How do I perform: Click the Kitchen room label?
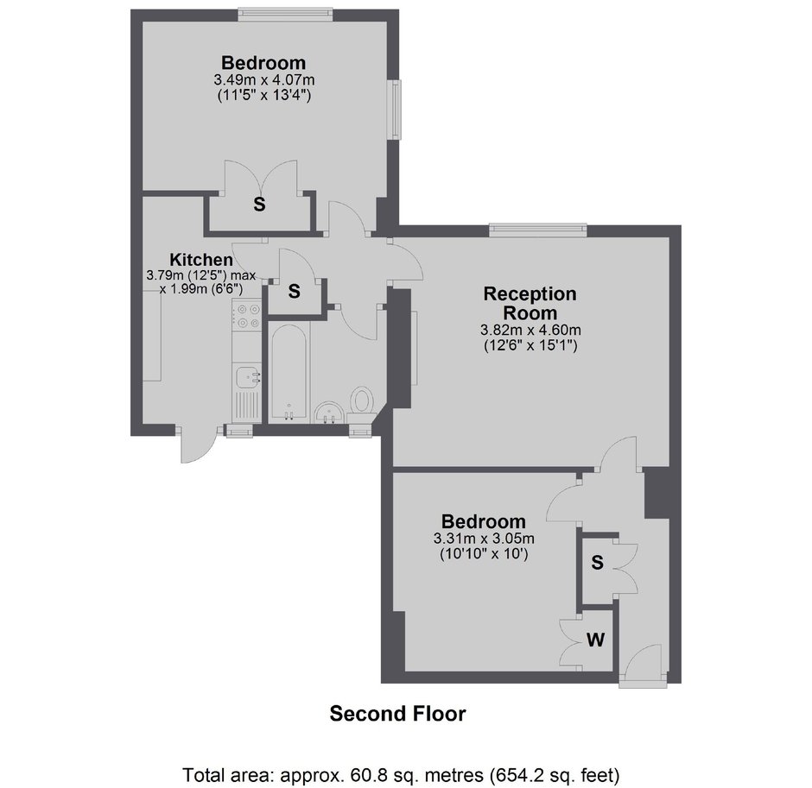201,259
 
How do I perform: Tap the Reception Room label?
530,303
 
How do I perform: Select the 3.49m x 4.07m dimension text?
264,80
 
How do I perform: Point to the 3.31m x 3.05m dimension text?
484,538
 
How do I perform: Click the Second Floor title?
397,714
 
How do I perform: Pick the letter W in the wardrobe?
595,640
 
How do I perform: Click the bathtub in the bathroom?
289,374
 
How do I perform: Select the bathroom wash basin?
328,413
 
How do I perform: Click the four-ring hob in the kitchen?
246,316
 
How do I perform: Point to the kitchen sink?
247,376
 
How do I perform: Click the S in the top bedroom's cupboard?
259,205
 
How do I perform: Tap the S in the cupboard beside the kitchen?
295,292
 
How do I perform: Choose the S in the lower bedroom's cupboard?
597,563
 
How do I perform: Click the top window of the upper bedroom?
285,15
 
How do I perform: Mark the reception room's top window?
538,230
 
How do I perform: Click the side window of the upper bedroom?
395,109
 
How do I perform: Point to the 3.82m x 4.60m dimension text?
530,330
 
